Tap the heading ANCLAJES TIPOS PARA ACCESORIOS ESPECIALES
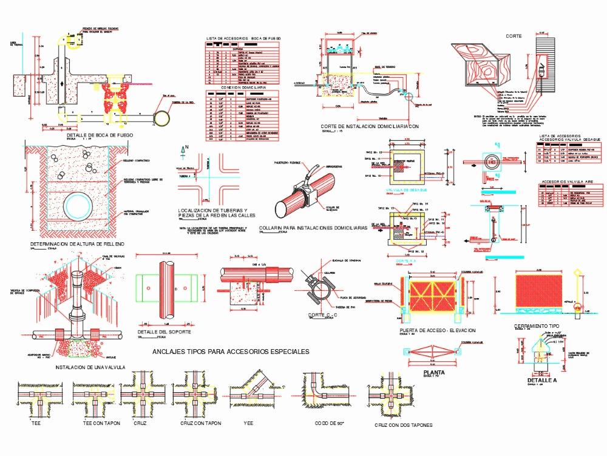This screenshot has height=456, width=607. (231, 352)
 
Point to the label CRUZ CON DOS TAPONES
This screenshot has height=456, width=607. (404, 425)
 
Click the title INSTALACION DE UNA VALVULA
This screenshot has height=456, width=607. (90, 367)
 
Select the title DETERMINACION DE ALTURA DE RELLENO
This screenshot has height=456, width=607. (77, 244)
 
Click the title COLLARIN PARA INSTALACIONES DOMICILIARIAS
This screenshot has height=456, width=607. (313, 228)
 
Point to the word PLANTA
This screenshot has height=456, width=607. (434, 373)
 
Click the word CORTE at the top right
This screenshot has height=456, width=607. (514, 36)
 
